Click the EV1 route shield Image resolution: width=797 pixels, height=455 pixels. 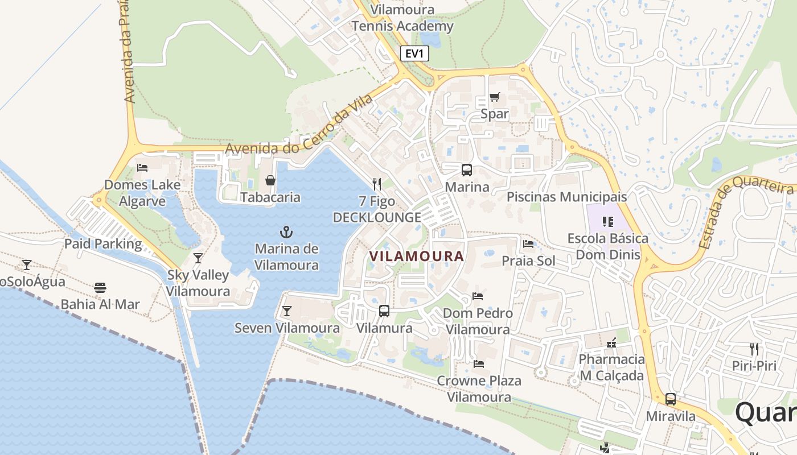[x=414, y=54]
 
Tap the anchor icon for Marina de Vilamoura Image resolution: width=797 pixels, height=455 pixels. [x=286, y=231]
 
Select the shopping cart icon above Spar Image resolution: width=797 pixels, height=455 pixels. [x=494, y=97]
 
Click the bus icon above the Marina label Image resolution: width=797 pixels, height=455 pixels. [x=467, y=169]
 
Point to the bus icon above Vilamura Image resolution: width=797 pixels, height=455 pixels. [x=384, y=311]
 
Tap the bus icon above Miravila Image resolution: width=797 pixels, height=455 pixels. [x=671, y=399]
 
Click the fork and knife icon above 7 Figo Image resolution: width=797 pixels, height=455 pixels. [x=376, y=184]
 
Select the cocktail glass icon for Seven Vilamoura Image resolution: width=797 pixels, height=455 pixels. [x=286, y=311]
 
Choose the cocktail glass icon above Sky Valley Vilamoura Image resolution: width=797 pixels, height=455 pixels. [x=198, y=258]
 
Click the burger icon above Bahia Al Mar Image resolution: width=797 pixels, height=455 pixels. [x=100, y=287]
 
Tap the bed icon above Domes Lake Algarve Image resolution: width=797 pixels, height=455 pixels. [x=142, y=168]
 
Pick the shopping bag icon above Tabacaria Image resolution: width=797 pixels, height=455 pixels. [x=270, y=180]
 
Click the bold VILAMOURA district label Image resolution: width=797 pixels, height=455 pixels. [x=417, y=256]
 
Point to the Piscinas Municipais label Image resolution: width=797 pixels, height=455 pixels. [x=566, y=197]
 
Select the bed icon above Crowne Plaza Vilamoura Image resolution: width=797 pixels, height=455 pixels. [x=478, y=363]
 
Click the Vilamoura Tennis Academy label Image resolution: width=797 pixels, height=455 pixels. [x=402, y=18]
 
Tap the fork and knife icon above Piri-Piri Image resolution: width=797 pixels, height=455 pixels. [x=754, y=349]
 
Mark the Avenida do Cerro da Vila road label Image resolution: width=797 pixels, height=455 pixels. [x=299, y=126]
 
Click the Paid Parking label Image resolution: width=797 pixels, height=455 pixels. [x=103, y=244]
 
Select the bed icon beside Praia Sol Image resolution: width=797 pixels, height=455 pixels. [x=528, y=244]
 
